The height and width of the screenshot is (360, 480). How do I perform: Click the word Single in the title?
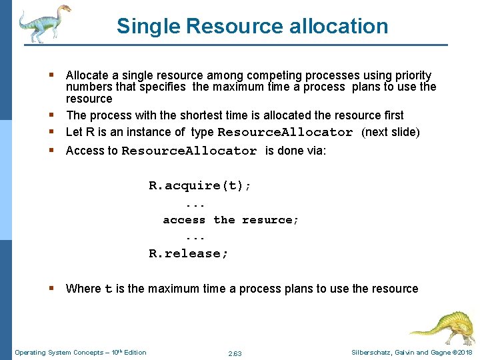[x=149, y=26]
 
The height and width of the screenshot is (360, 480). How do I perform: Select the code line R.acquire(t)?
[x=200, y=186]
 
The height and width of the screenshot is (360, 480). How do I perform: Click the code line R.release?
[x=189, y=253]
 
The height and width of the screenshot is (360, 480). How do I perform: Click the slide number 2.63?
[x=235, y=353]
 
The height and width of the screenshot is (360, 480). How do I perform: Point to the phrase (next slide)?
[x=391, y=132]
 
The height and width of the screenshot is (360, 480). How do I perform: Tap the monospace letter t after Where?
[x=109, y=289]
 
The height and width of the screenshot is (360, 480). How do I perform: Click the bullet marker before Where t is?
[x=53, y=288]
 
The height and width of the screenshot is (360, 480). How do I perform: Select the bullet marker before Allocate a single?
[x=53, y=75]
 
